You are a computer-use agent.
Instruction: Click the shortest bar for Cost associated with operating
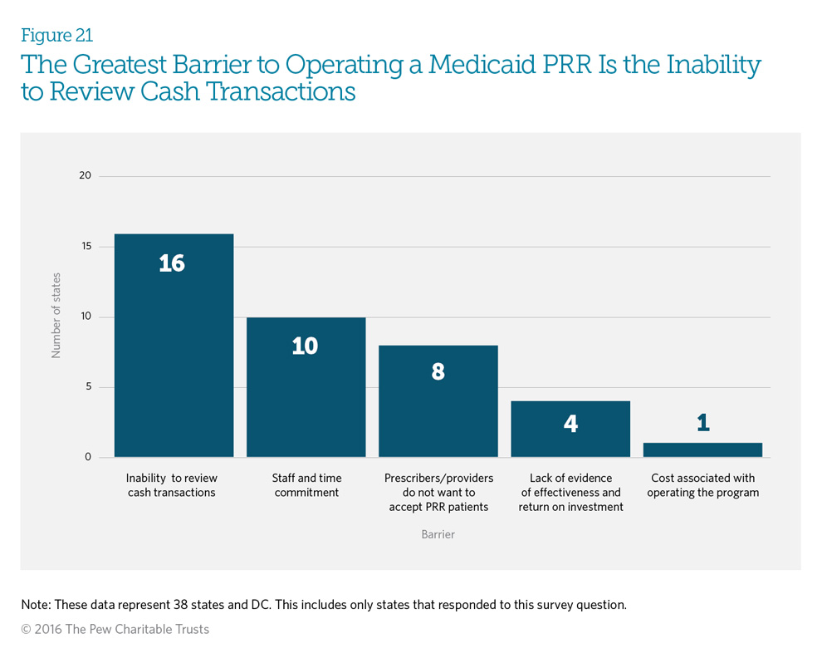point(702,449)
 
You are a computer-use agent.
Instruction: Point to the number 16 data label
point(172,263)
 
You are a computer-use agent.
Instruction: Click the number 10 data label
point(305,346)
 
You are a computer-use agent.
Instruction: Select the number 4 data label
point(570,424)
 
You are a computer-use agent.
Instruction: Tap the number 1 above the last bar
point(703,423)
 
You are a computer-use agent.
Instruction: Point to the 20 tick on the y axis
point(84,176)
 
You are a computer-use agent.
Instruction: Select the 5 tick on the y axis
point(87,387)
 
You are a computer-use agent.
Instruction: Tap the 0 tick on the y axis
point(87,457)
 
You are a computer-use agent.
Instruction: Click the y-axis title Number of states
point(56,317)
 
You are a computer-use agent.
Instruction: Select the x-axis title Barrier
point(438,534)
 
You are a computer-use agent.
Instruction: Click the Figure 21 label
point(56,36)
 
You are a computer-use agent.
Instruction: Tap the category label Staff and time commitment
point(306,485)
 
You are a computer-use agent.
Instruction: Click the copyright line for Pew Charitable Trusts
point(115,629)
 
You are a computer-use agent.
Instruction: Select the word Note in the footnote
point(36,605)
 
